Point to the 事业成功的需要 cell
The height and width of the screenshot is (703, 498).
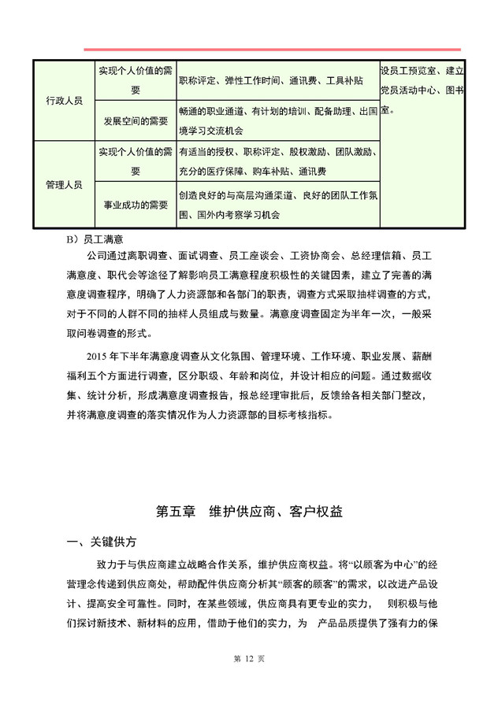click(x=136, y=205)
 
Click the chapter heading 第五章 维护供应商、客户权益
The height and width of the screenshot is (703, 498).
click(x=249, y=511)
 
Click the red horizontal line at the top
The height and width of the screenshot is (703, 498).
click(x=272, y=49)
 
